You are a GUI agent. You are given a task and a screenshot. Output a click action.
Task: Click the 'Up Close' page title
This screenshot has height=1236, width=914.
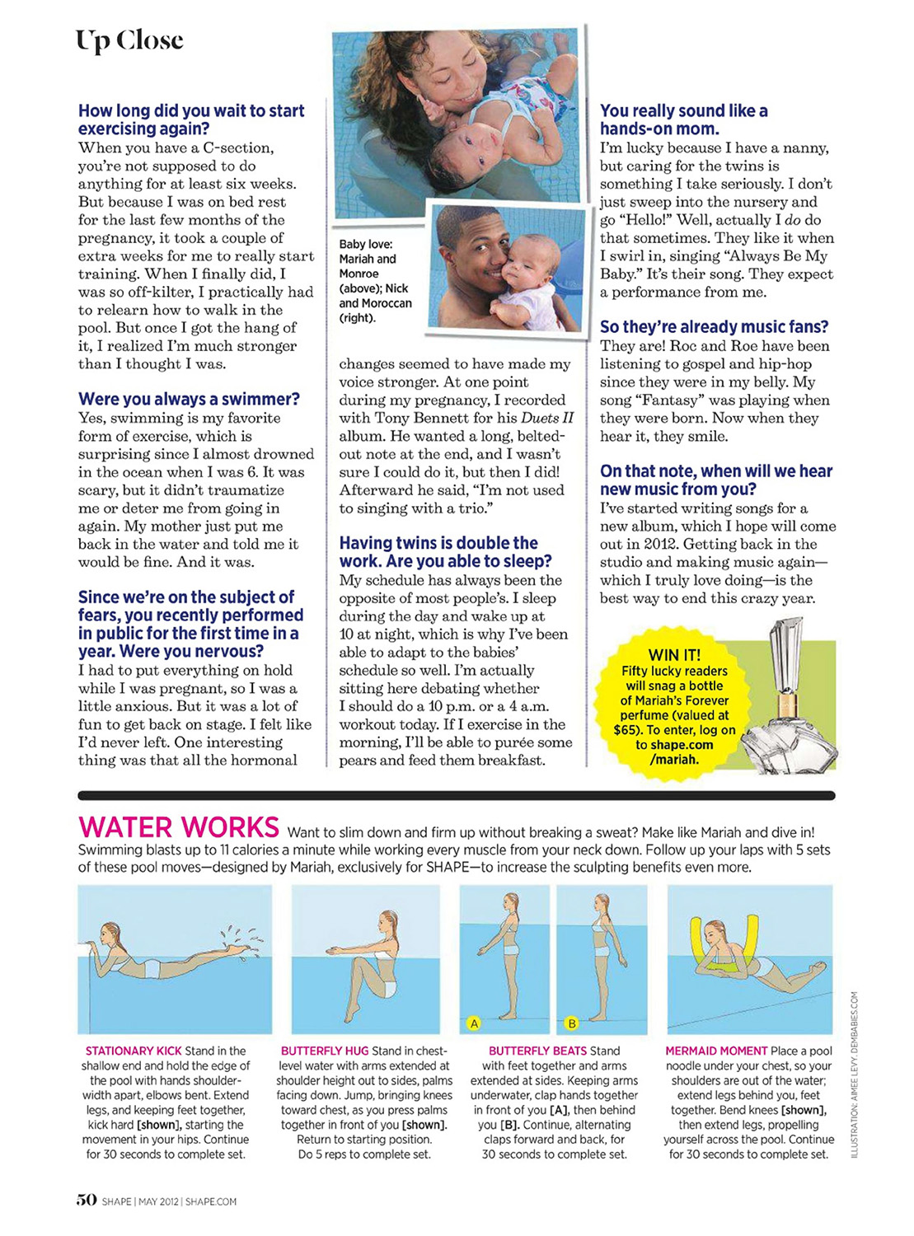(129, 40)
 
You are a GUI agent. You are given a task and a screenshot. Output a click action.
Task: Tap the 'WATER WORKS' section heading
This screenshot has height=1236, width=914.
(179, 826)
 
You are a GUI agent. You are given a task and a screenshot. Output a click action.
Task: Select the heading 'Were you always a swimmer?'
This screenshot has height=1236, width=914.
(189, 400)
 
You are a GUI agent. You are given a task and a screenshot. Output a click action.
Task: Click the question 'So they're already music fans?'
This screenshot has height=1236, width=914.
(714, 327)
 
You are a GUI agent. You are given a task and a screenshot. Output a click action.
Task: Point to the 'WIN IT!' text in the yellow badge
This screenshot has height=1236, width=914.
(674, 655)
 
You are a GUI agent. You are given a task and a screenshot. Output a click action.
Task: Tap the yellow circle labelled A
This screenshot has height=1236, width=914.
(474, 1023)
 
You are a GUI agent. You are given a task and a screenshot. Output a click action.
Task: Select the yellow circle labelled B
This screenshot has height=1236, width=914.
(571, 1023)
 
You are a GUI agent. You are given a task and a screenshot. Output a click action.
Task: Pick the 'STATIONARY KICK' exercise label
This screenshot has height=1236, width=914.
(134, 1051)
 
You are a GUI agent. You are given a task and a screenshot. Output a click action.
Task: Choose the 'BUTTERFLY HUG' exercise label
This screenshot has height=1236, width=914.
(324, 1051)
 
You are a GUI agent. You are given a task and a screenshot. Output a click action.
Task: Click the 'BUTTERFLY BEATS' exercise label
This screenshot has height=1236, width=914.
(537, 1051)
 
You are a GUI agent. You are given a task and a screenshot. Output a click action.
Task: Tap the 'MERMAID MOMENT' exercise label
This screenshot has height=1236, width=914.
(716, 1051)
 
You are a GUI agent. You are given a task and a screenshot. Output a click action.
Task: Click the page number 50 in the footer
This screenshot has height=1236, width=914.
(87, 1200)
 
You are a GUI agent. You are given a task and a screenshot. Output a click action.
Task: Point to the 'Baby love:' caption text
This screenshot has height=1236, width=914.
(366, 245)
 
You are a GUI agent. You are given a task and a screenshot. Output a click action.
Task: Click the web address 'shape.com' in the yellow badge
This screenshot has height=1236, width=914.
(681, 745)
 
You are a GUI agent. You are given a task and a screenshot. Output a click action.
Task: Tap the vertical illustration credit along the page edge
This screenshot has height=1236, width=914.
(855, 1074)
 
